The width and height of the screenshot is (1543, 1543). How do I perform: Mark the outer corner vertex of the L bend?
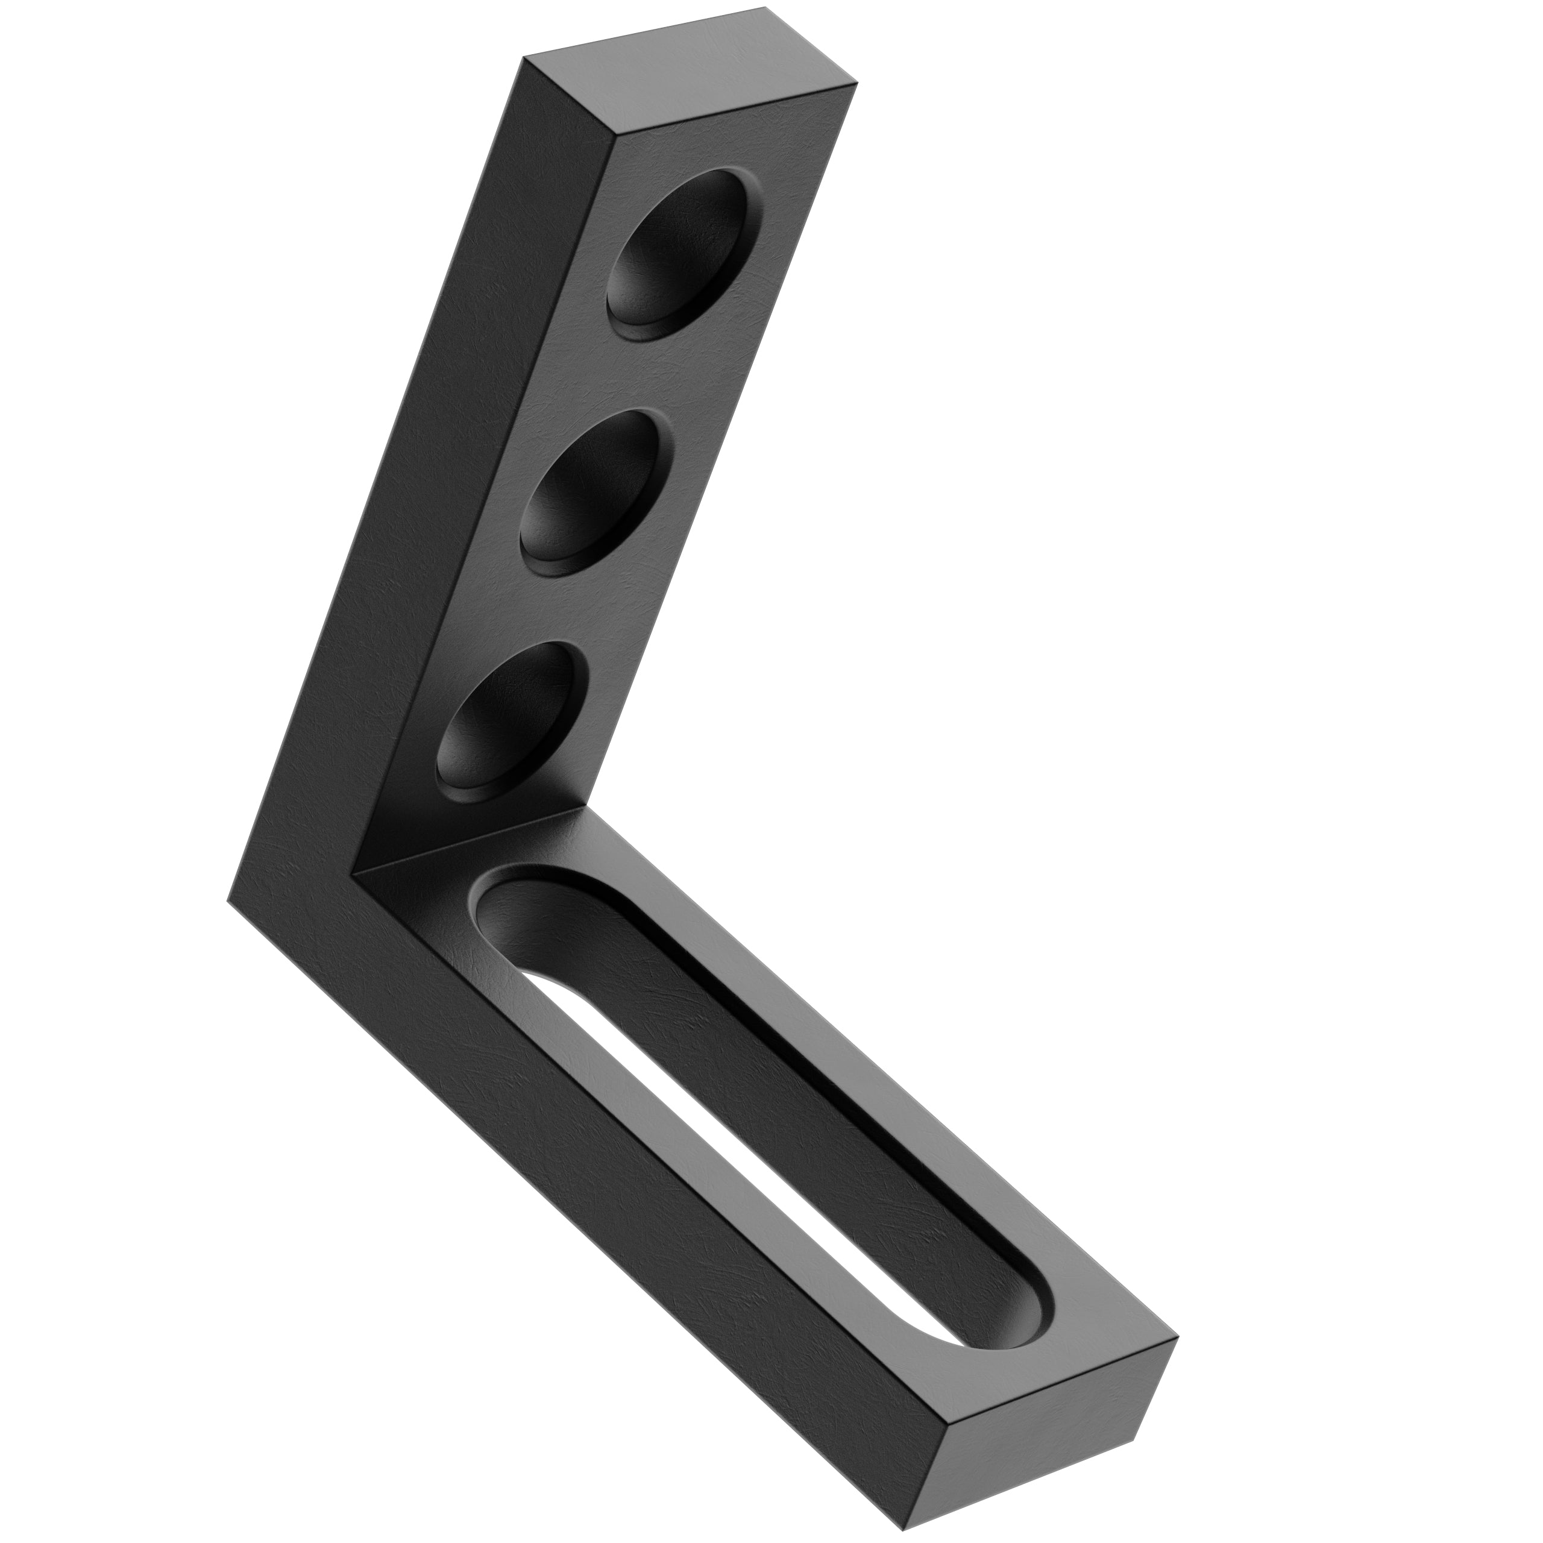(228, 900)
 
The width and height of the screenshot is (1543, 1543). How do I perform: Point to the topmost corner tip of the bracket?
(764, 7)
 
